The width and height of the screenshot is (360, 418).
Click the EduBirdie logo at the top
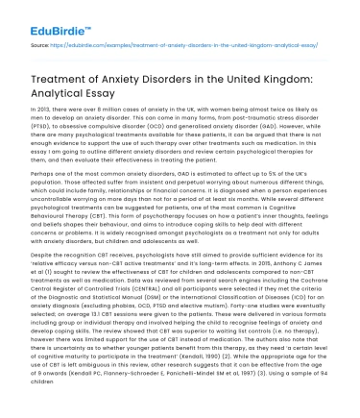tap(38, 14)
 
